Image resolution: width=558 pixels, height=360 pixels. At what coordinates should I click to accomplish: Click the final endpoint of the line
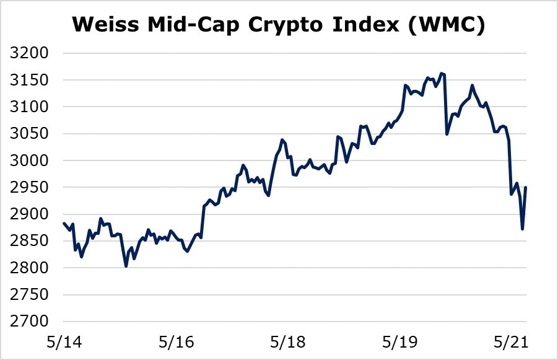526,187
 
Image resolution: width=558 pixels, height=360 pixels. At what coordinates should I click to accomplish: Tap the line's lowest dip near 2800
126,266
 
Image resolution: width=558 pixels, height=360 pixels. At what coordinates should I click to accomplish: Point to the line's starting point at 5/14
64,223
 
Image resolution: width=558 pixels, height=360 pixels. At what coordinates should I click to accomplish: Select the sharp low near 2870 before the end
523,229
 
